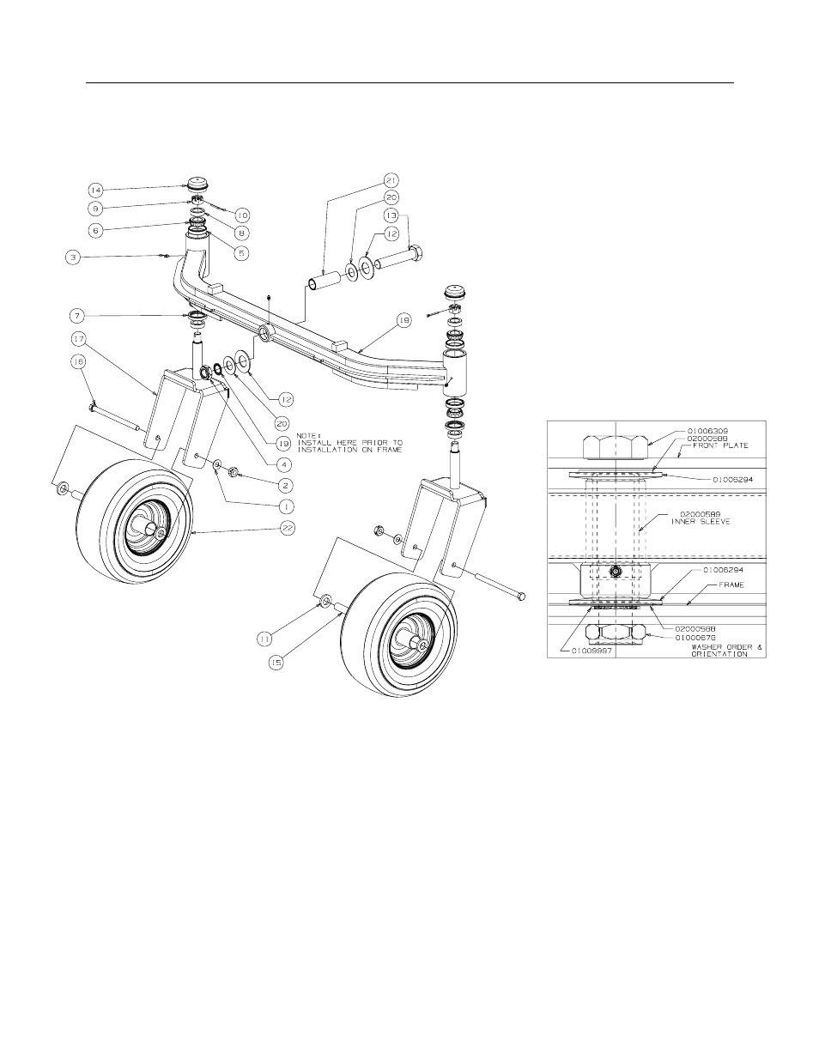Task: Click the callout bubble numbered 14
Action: [x=95, y=189]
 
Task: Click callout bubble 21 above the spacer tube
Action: [x=391, y=181]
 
